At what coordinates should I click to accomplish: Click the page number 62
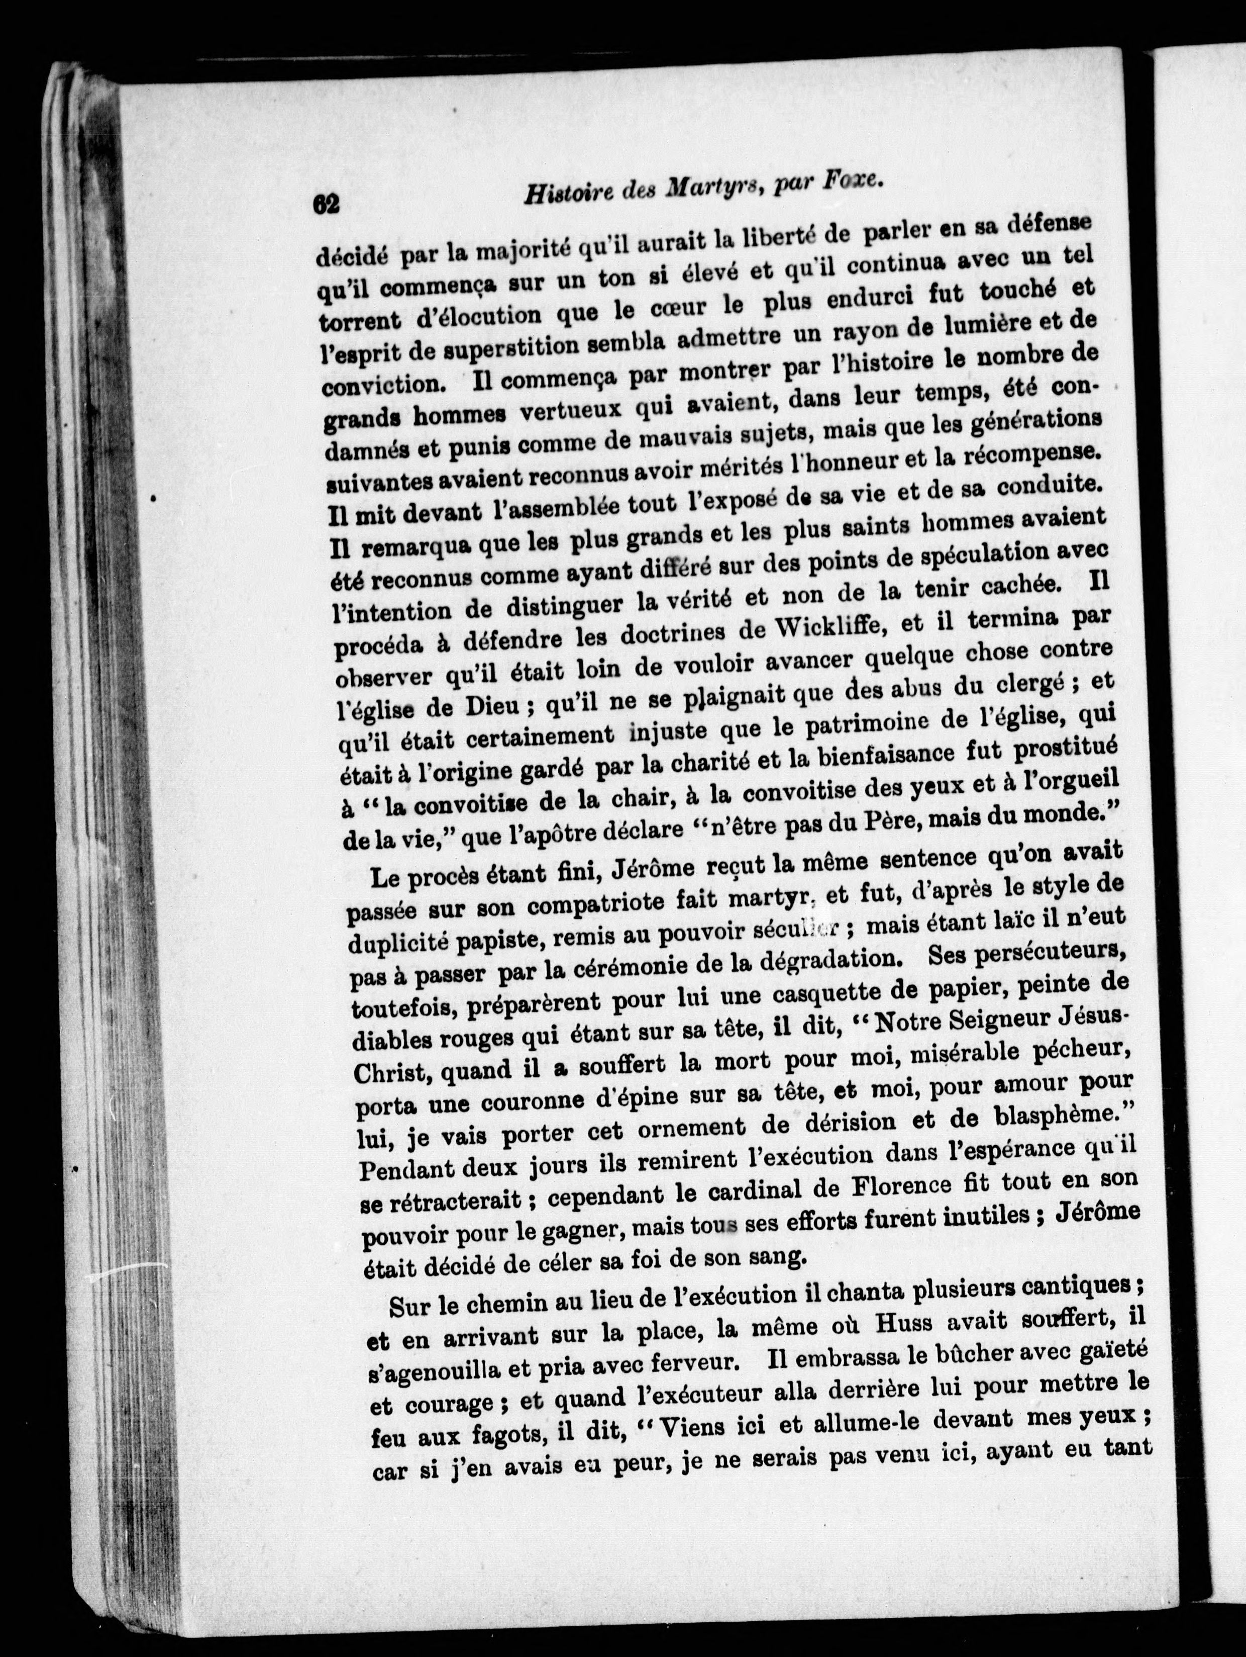327,205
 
